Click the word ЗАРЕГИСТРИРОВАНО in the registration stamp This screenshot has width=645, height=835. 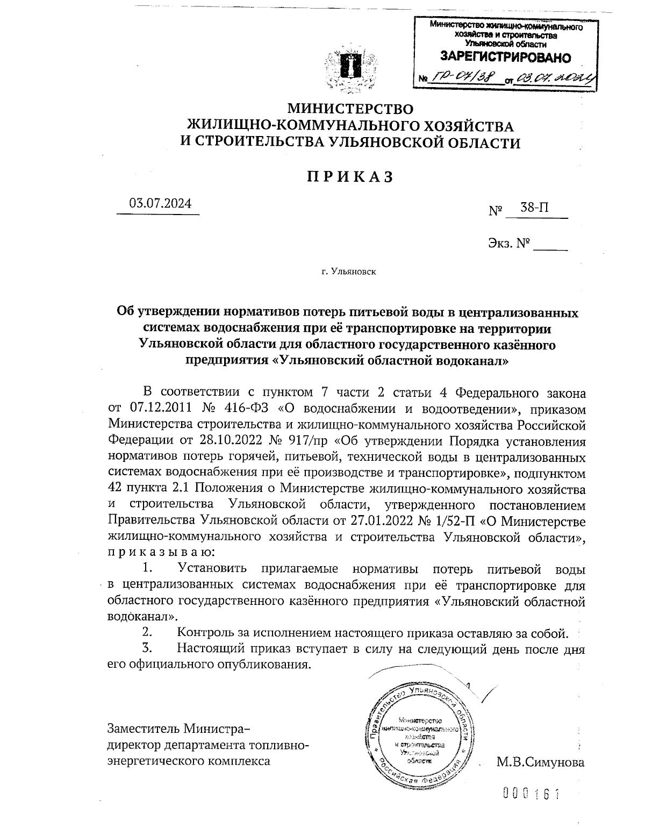(505, 57)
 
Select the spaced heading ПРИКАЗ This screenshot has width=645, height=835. (350, 176)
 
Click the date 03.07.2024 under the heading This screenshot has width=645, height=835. (160, 204)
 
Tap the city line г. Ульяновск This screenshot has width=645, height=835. (349, 272)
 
